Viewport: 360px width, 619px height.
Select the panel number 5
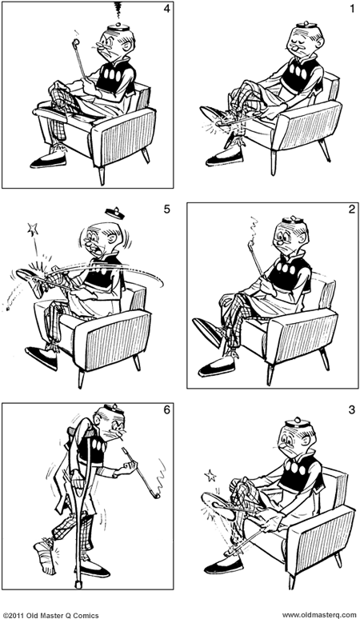coord(166,211)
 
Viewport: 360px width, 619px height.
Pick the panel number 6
coord(166,411)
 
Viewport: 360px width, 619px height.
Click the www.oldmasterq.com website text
coord(319,613)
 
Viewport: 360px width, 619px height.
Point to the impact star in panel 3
coord(213,477)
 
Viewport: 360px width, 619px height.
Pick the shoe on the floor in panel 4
coord(50,161)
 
